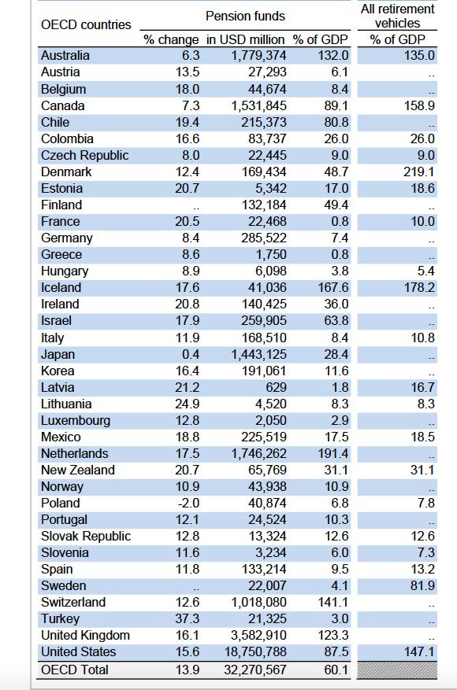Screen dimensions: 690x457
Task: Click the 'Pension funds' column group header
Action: point(245,16)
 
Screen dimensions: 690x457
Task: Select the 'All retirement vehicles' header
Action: point(397,16)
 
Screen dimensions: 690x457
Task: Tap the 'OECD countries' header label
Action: point(86,25)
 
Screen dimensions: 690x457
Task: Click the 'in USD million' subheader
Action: point(246,39)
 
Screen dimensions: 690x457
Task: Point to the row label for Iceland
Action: point(61,288)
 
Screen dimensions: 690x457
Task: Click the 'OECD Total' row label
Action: point(75,670)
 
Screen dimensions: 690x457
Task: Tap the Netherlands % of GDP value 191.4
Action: point(333,454)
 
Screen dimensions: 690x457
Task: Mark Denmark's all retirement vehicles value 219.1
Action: point(419,172)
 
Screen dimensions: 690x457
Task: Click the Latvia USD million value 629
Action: point(273,388)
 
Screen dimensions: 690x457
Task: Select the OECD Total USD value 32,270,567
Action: point(248,670)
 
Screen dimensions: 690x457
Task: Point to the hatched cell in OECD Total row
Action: point(397,670)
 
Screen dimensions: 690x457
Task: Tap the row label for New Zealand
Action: point(78,470)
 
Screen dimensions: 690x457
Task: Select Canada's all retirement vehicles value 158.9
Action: point(419,106)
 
